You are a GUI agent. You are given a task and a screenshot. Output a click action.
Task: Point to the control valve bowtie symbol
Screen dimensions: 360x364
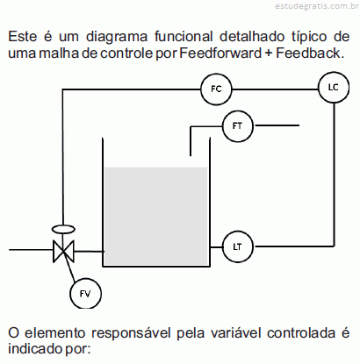pyautogui.click(x=63, y=251)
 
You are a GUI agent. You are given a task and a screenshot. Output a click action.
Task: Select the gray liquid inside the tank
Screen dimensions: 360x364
pyautogui.click(x=156, y=216)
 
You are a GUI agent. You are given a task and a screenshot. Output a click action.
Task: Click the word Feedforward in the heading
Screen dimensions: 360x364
pyautogui.click(x=220, y=54)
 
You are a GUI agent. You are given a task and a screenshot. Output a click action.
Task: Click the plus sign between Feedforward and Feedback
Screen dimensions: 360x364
pyautogui.click(x=269, y=54)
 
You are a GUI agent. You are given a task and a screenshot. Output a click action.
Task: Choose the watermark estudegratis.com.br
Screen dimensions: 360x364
pyautogui.click(x=317, y=6)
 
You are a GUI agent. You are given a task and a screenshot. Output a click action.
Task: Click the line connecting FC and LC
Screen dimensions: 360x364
pyautogui.click(x=275, y=89)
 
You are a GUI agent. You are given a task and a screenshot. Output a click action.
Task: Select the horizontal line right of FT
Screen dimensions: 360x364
pyautogui.click(x=277, y=125)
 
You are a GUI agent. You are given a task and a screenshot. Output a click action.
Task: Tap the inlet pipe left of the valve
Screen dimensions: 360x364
pyautogui.click(x=31, y=250)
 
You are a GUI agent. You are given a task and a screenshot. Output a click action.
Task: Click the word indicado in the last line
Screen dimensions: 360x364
pyautogui.click(x=35, y=349)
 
